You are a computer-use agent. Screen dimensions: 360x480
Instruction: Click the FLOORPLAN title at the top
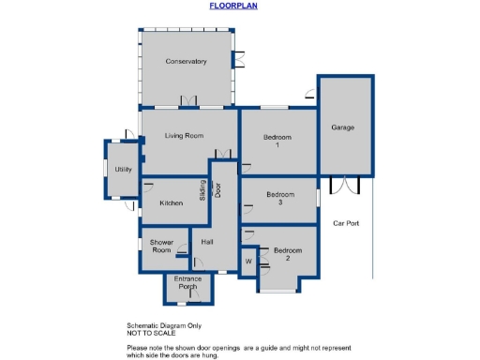(x=232, y=6)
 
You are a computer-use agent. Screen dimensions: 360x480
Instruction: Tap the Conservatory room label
(x=186, y=62)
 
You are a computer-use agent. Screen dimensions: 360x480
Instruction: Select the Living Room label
(x=184, y=136)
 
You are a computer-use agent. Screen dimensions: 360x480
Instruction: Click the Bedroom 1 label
(x=277, y=142)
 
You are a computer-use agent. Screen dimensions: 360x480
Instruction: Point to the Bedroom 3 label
(x=279, y=198)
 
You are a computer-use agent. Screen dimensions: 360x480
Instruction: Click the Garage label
(x=342, y=127)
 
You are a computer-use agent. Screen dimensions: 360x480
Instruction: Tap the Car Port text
(x=347, y=223)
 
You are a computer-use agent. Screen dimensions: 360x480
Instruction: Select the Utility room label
(x=123, y=170)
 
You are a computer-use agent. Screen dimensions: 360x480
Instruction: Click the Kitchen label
(x=171, y=203)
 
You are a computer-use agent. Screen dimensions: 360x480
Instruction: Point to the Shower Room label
(x=161, y=247)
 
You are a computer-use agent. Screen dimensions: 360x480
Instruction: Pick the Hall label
(x=207, y=243)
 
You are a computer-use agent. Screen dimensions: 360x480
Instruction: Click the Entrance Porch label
(x=187, y=283)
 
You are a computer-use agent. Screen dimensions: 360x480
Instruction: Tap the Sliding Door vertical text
(x=210, y=190)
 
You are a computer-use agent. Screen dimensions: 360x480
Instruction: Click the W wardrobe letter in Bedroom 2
(x=248, y=261)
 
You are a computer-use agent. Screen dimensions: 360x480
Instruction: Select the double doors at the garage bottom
(x=345, y=183)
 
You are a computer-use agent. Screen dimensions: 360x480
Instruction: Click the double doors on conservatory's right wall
(x=239, y=57)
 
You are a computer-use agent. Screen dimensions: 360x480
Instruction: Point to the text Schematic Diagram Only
(x=165, y=325)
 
